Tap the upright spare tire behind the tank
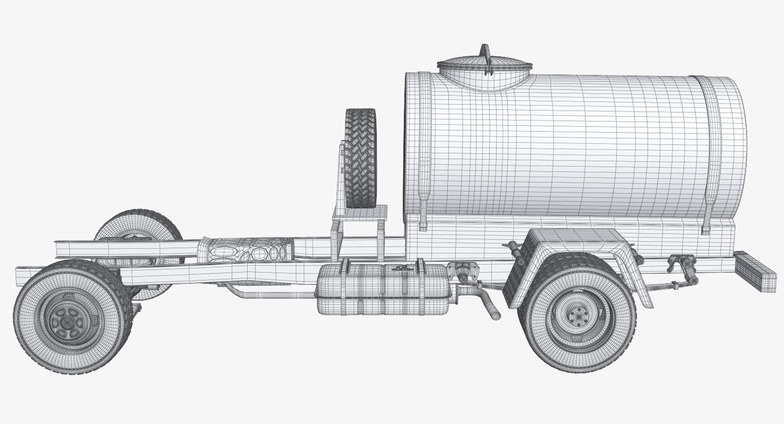coord(360,157)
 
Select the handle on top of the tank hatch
coord(485,57)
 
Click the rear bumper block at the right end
coord(755,271)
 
